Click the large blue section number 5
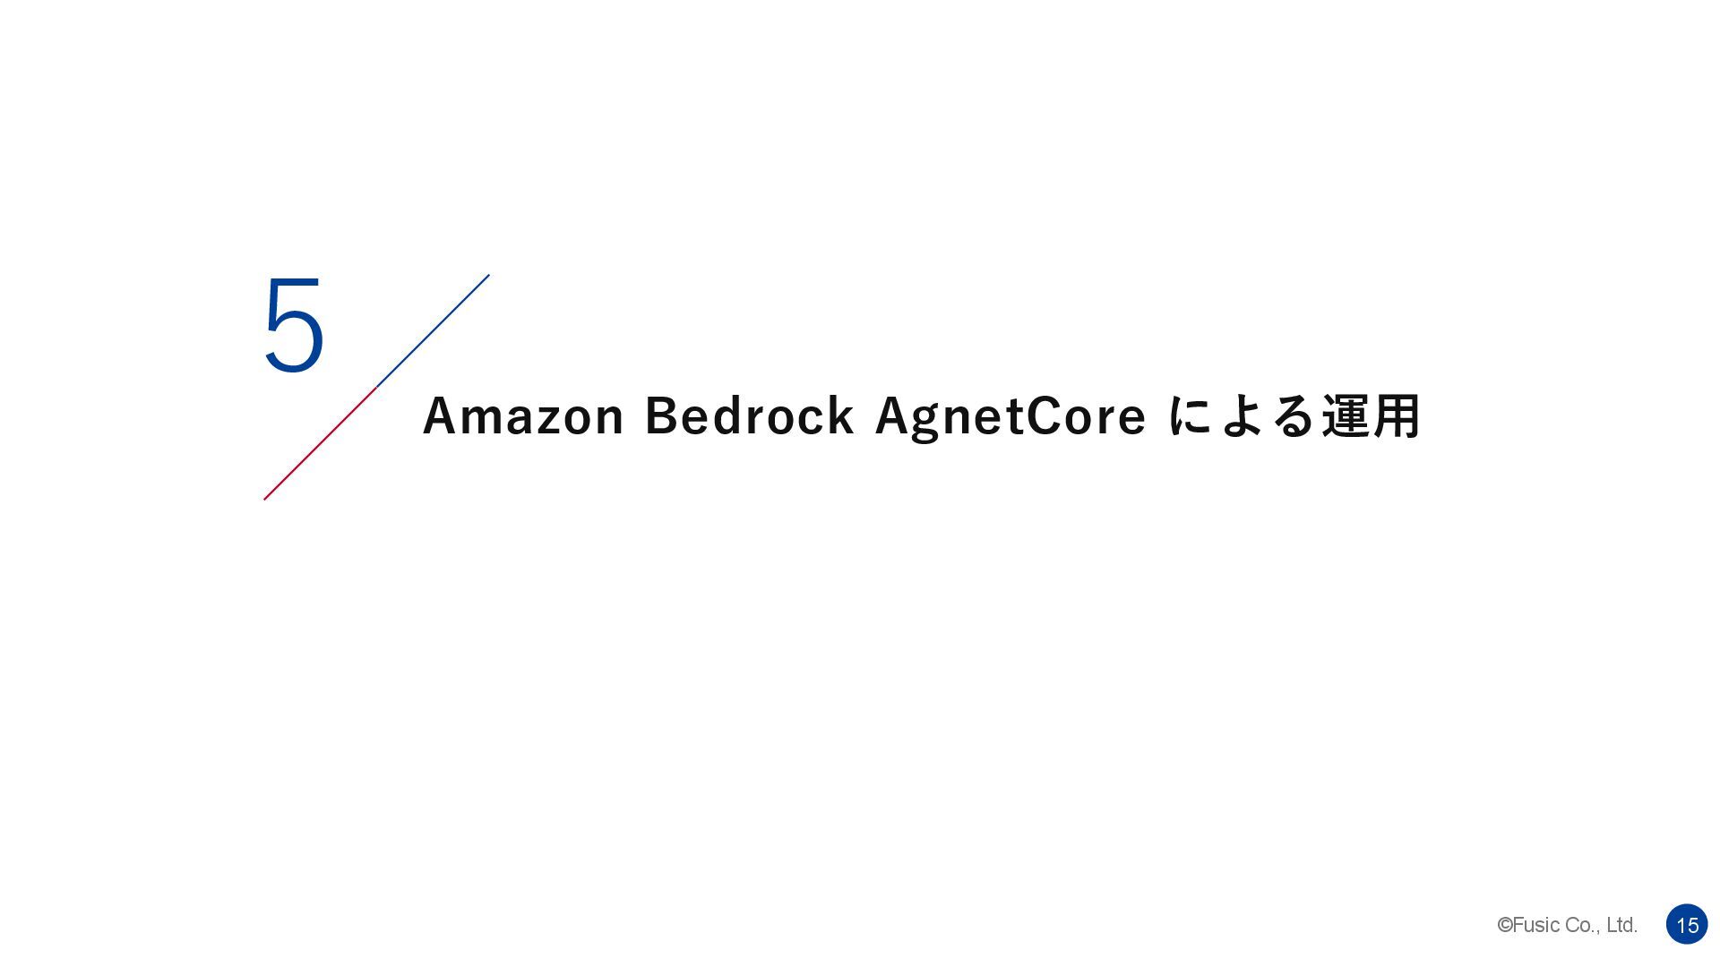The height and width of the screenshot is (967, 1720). point(294,325)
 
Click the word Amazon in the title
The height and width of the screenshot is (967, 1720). point(523,416)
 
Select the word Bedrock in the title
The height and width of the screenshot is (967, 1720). point(749,416)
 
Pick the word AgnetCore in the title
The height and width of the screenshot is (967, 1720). point(1010,416)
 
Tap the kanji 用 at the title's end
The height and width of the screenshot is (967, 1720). point(1397,416)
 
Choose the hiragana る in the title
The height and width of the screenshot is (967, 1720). point(1294,416)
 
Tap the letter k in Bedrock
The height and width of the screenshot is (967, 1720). point(840,416)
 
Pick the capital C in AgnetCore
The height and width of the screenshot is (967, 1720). point(1043,416)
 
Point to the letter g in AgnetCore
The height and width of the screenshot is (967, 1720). point(926,421)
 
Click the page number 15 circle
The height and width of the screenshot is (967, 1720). point(1687,925)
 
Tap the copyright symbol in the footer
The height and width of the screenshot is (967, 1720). point(1505,925)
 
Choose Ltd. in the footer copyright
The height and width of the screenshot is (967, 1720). point(1621,925)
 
